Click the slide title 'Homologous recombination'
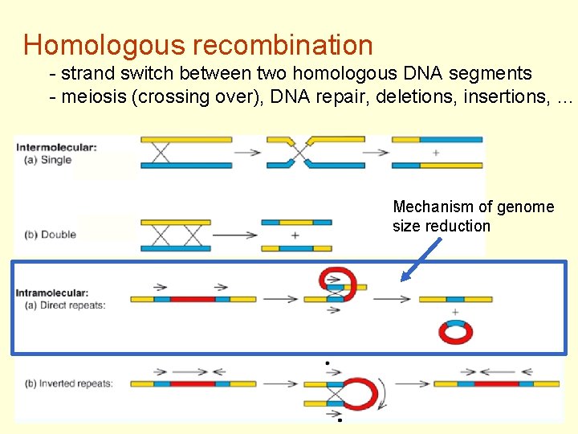pos(198,44)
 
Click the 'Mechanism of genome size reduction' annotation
pos(473,216)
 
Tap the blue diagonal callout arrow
pos(422,258)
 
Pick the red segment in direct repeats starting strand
pos(193,299)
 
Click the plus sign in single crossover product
pos(436,153)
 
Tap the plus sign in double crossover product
pos(295,235)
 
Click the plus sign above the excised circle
pos(455,312)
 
